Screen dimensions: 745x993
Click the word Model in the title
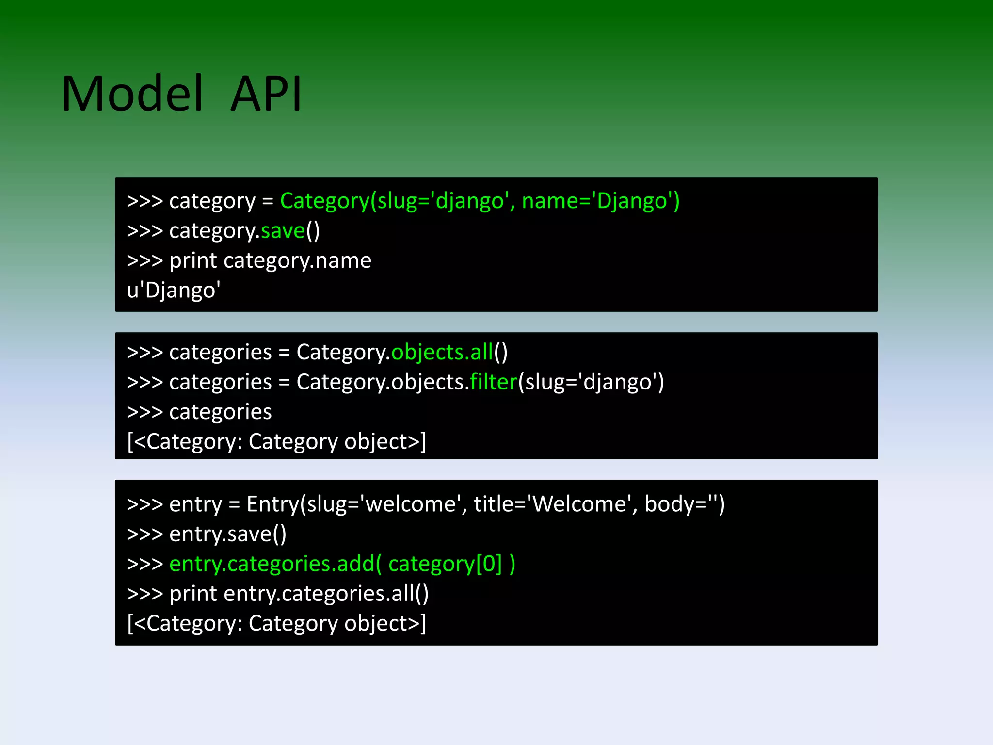[x=132, y=94]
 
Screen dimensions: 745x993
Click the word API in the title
[x=266, y=94]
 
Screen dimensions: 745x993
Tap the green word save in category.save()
[x=283, y=231]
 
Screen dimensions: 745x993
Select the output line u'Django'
[x=174, y=290]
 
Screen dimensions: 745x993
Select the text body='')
[x=684, y=504]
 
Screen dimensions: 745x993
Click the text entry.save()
[x=228, y=534]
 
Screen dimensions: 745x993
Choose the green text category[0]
[x=445, y=564]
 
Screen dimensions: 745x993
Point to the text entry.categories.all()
[x=326, y=594]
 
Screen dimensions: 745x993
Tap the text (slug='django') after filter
[x=591, y=382]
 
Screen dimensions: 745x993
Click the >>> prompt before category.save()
[x=144, y=231]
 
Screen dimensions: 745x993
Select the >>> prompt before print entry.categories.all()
[x=144, y=594]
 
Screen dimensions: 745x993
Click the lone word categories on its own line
[x=220, y=412]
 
